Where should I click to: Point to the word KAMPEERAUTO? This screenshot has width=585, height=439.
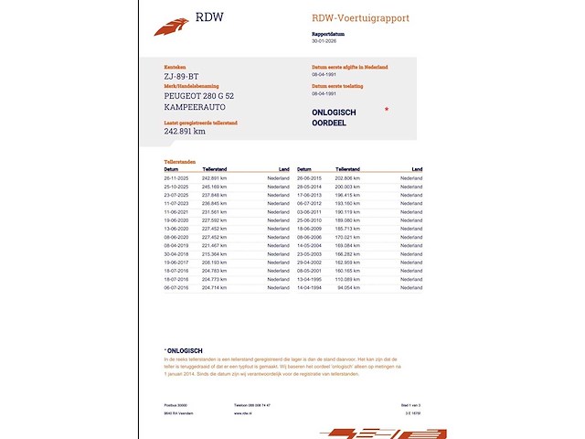192,107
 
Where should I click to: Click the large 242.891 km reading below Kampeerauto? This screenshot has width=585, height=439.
185,131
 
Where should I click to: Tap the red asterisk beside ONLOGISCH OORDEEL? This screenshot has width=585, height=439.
387,110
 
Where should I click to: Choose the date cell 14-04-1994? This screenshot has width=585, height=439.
311,288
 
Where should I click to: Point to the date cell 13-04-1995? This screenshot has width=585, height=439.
311,279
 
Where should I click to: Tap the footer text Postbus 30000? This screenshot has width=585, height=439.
175,403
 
